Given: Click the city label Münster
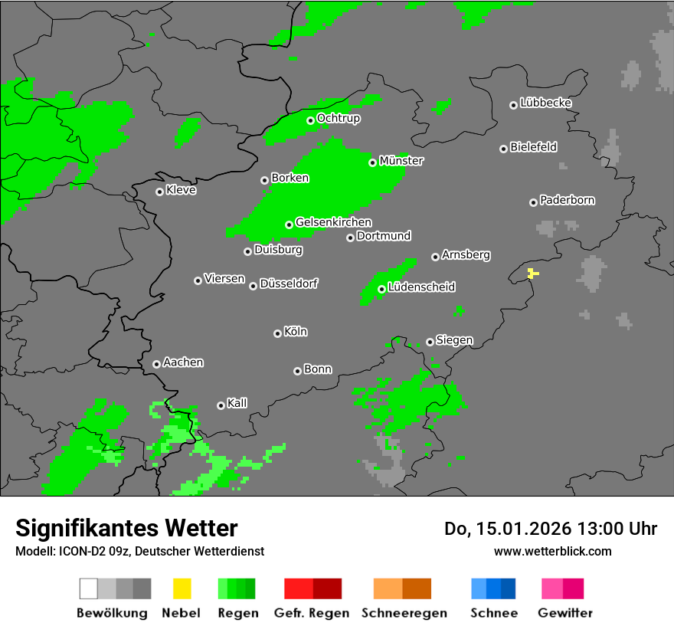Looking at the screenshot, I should click(x=401, y=161).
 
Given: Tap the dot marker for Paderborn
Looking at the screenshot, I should click(x=533, y=202).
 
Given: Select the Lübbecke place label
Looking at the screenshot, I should click(x=545, y=103).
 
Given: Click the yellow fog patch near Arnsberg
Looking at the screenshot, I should click(x=533, y=273).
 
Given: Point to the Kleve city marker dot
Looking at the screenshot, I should click(x=159, y=192).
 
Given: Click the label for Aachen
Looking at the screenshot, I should click(x=183, y=362).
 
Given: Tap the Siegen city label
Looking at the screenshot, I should click(x=454, y=340).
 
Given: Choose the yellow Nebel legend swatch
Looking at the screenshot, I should click(x=182, y=588).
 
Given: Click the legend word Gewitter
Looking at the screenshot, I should click(x=564, y=613).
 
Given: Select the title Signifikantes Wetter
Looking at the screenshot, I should click(x=126, y=528).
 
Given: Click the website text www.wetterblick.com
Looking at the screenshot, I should click(x=552, y=551).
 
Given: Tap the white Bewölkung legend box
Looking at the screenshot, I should click(x=89, y=588).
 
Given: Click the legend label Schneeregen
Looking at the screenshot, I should click(x=404, y=613).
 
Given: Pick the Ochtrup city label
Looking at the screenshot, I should click(x=338, y=118).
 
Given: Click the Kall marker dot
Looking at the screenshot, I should click(x=221, y=405).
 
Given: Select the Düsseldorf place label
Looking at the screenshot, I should click(x=289, y=284).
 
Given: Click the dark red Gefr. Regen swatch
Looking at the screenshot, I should click(x=327, y=588).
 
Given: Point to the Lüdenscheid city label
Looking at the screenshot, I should click(x=421, y=287).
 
